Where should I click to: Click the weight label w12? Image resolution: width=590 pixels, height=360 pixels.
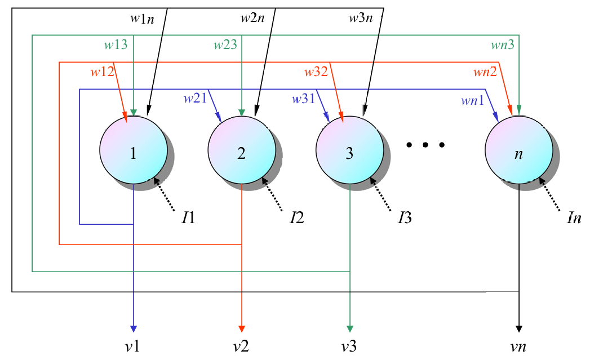pos(102,72)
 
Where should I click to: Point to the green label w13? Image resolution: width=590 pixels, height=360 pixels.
pos(116,45)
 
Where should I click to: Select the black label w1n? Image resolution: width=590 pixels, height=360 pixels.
pos(141,18)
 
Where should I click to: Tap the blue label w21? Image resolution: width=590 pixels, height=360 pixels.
pos(194,99)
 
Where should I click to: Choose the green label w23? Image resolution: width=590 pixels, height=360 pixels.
pos(225,45)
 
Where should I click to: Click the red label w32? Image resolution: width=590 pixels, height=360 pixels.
pos(316,72)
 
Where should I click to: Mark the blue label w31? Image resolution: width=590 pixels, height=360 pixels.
pos(303,99)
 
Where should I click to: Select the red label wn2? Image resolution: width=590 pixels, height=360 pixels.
pos(485,72)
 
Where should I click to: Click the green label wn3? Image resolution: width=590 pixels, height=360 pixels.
pos(502,45)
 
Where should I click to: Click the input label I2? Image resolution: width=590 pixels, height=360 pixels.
pos(297,217)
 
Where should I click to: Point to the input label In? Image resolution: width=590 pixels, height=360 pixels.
pos(574,217)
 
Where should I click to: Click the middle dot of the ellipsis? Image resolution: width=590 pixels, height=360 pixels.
pos(426,145)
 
